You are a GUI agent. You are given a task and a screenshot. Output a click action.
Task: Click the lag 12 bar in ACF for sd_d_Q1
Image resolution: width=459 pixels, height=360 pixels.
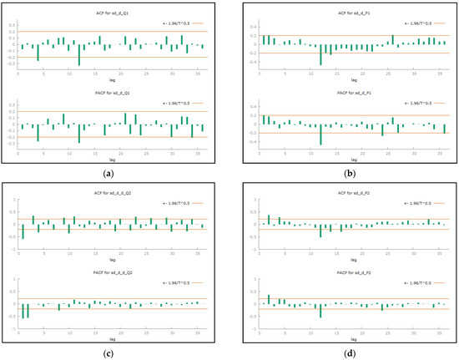pyautogui.click(x=79, y=54)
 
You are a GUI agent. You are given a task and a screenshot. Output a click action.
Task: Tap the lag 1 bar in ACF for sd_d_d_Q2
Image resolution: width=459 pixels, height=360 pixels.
pyautogui.click(x=23, y=231)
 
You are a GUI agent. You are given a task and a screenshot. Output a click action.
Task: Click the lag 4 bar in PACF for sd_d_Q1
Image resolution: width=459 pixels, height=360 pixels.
pyautogui.click(x=38, y=132)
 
